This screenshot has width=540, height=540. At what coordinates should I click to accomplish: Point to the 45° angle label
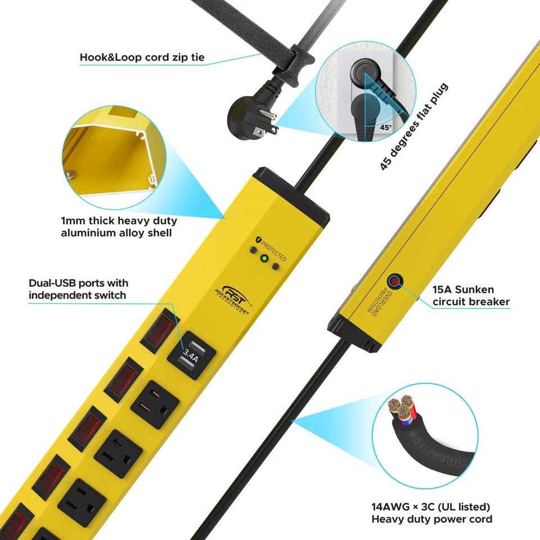click(385, 128)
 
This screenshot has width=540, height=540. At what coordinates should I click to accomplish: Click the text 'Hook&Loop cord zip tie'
click(141, 57)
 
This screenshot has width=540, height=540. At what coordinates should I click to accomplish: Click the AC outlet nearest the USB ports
click(155, 405)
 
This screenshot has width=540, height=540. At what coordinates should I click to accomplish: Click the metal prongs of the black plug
click(264, 127)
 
